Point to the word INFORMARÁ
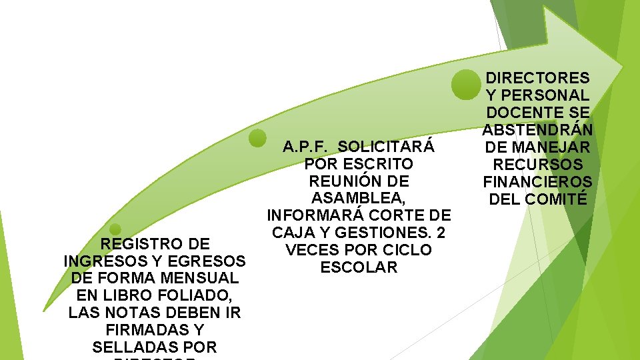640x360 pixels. [309, 215]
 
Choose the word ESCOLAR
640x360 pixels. [359, 267]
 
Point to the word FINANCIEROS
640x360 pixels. [537, 182]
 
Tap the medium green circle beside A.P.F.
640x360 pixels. [257, 138]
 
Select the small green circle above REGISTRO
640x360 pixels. [115, 229]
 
